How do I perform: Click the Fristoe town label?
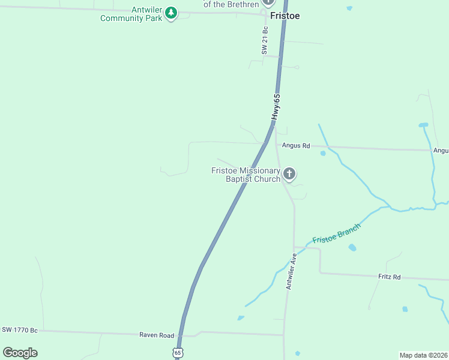pyautogui.click(x=285, y=16)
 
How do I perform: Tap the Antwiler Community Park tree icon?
pyautogui.click(x=171, y=12)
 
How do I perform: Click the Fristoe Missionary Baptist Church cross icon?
pyautogui.click(x=289, y=174)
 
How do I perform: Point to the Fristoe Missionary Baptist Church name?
pyautogui.click(x=246, y=175)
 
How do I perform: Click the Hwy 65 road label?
pyautogui.click(x=276, y=107)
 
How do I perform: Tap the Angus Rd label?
pyautogui.click(x=297, y=146)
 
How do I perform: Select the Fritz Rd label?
pyautogui.click(x=389, y=277)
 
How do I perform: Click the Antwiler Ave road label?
pyautogui.click(x=291, y=271)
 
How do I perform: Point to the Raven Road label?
pyautogui.click(x=157, y=335)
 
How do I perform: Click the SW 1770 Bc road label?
pyautogui.click(x=20, y=330)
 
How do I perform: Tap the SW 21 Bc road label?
pyautogui.click(x=264, y=42)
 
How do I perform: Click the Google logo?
pyautogui.click(x=20, y=353)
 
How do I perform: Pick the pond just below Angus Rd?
pyautogui.click(x=323, y=153)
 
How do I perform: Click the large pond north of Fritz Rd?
pyautogui.click(x=352, y=247)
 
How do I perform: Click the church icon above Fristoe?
pyautogui.click(x=268, y=2)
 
